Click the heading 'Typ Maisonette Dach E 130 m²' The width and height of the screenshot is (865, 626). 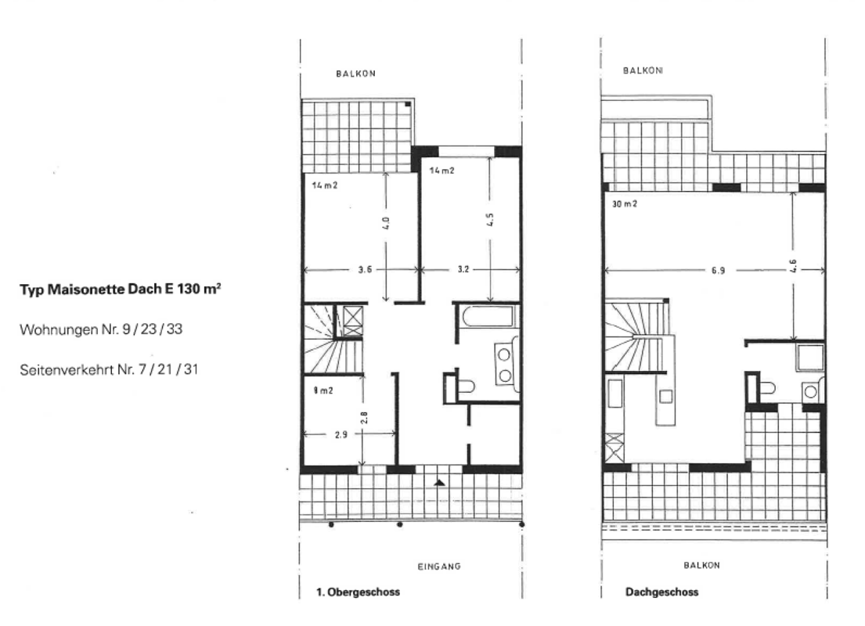(x=121, y=289)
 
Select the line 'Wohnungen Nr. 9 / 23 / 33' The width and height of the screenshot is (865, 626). (x=101, y=329)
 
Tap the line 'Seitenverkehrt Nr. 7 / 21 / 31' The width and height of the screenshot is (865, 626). (x=109, y=369)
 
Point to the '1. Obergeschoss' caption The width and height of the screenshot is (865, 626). (x=358, y=592)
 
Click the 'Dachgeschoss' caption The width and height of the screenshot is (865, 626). (x=662, y=592)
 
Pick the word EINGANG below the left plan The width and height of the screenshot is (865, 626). (x=439, y=566)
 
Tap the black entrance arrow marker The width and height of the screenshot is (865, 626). (x=439, y=483)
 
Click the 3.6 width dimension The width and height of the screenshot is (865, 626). (x=365, y=270)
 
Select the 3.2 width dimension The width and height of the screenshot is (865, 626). (x=463, y=270)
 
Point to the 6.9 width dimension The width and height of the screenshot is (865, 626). (x=718, y=270)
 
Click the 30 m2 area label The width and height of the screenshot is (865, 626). (x=625, y=204)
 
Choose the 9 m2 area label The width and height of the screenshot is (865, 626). (x=323, y=390)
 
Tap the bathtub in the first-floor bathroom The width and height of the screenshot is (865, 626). (x=488, y=317)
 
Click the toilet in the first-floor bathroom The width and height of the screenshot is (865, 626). (x=466, y=386)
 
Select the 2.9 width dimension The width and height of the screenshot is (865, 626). (x=341, y=434)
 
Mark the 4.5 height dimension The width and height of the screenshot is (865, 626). (x=490, y=220)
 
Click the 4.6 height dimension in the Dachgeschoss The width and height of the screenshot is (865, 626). (x=793, y=266)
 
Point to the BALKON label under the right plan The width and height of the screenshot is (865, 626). (x=701, y=565)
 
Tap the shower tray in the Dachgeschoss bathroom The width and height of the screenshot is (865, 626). (x=810, y=357)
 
